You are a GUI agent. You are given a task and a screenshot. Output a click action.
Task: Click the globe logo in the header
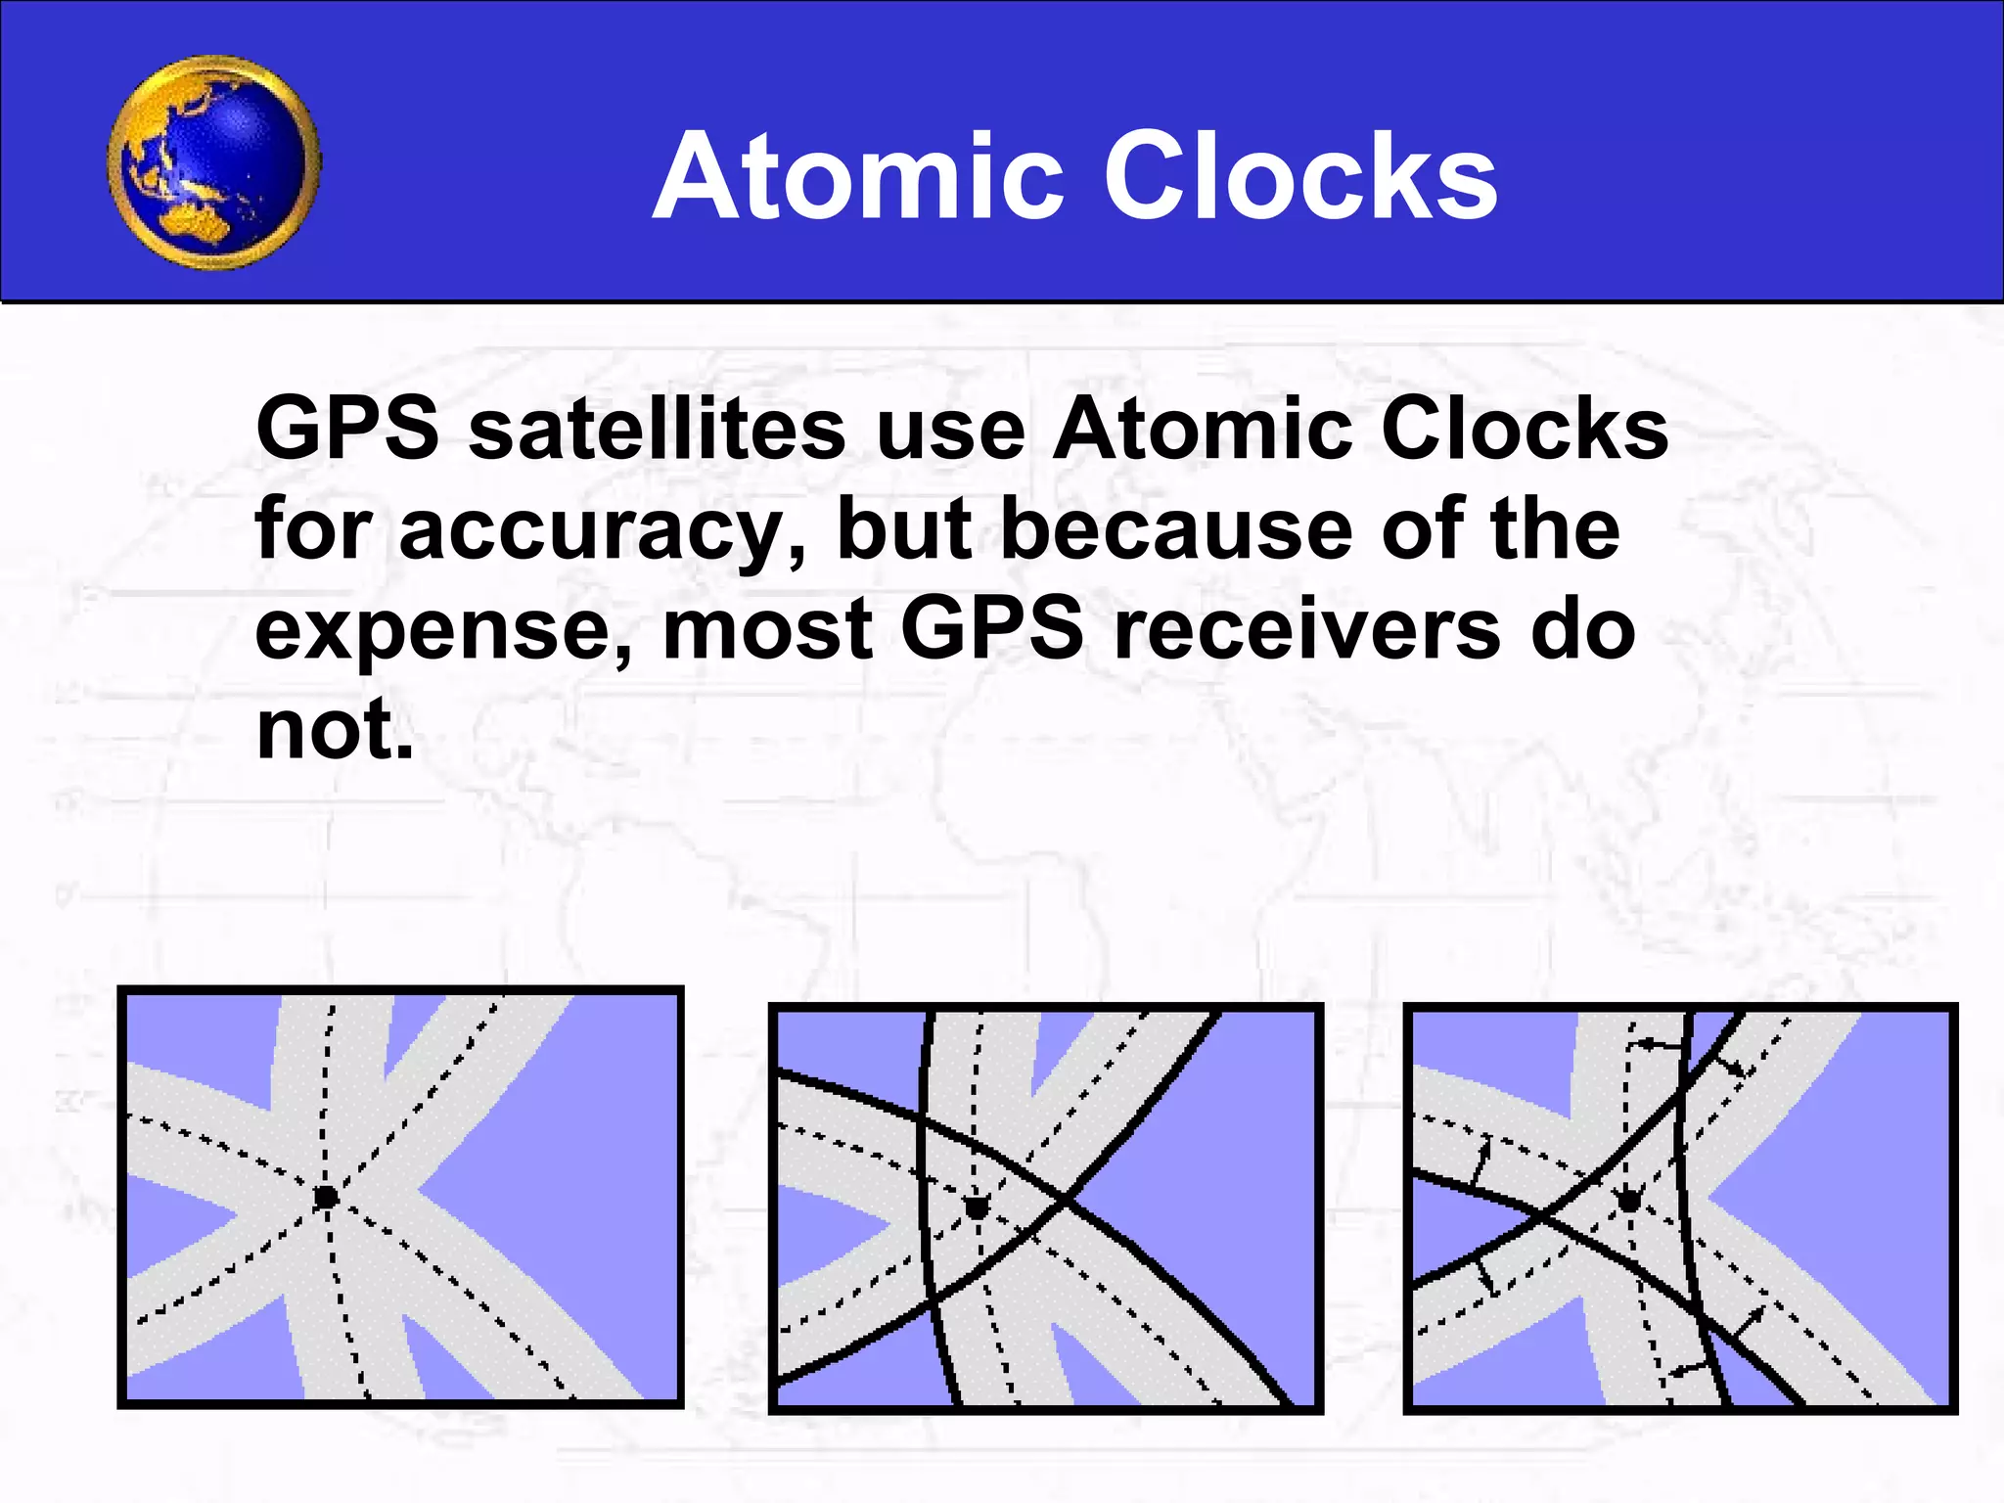point(214,162)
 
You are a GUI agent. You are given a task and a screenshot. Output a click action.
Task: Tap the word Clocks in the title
point(1300,177)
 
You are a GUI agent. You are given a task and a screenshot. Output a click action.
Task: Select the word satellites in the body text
point(657,430)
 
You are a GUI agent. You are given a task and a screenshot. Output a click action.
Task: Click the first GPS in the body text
point(347,430)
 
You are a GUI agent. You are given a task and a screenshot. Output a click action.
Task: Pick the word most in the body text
point(767,631)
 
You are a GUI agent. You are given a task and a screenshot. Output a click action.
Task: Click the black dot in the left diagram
point(326,1197)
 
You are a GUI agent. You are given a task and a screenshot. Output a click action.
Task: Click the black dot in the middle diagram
point(977,1208)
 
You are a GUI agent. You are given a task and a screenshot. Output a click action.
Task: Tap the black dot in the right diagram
point(1629,1200)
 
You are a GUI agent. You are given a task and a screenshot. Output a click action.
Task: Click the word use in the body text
point(949,432)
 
